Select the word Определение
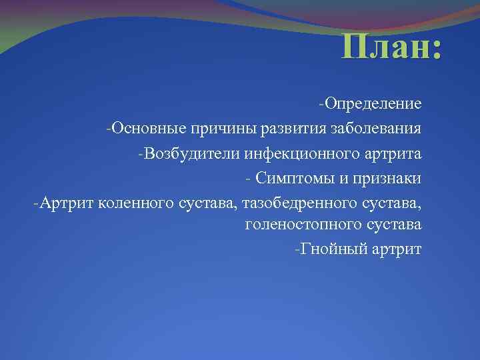click(373, 104)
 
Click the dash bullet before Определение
click(322, 103)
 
